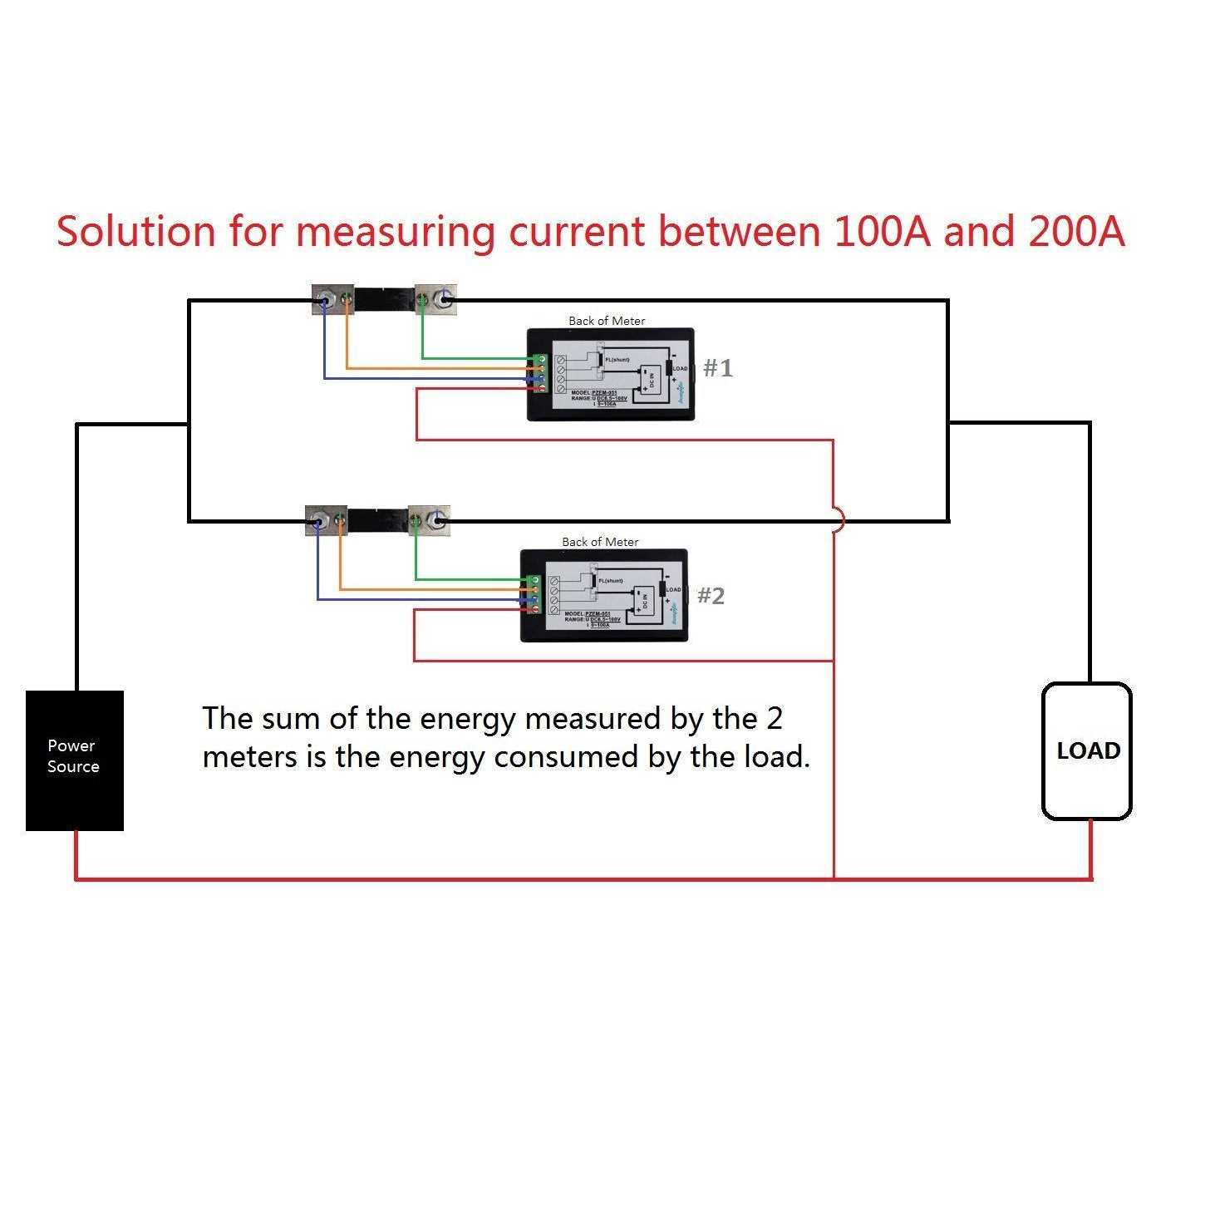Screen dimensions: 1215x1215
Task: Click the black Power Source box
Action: point(75,760)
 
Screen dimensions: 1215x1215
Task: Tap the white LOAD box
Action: point(1087,750)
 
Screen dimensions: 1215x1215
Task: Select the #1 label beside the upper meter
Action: point(718,367)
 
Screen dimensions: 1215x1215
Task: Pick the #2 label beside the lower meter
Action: point(711,595)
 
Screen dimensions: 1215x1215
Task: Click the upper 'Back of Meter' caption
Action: point(607,321)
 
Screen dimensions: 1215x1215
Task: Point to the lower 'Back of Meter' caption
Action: point(600,542)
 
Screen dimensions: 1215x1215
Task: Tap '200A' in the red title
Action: point(1076,231)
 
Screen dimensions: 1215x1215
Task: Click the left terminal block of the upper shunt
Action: point(332,299)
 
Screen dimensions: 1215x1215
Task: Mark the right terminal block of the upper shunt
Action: point(435,299)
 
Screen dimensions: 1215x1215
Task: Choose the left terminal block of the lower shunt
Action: point(326,520)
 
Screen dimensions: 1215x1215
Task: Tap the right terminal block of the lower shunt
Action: point(429,520)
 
